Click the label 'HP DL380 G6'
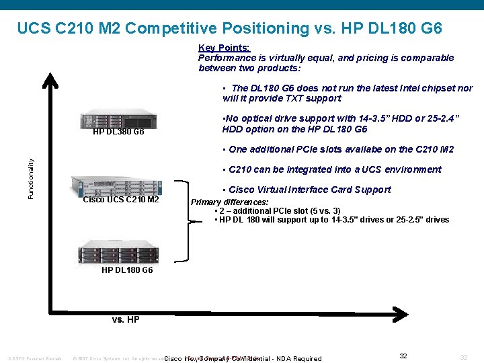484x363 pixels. point(118,132)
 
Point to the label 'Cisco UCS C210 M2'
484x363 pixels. point(121,200)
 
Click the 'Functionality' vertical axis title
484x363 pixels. point(31,178)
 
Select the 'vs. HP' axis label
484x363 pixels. point(126,319)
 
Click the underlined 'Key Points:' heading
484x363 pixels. point(224,48)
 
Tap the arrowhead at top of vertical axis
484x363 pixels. point(50,79)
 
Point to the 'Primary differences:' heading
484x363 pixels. point(229,202)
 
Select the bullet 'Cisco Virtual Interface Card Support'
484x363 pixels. point(309,190)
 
